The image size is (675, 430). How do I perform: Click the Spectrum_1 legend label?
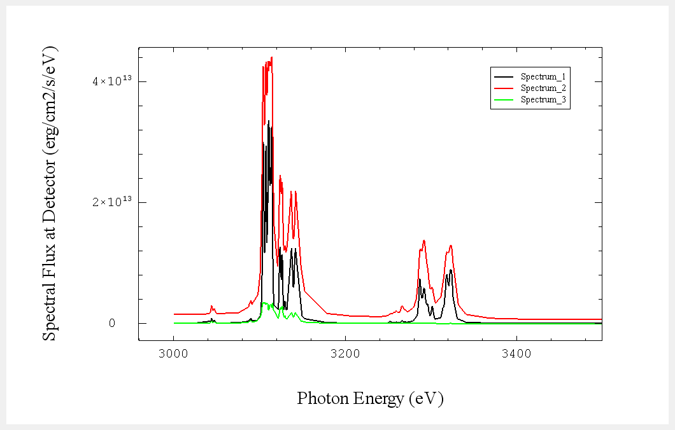click(x=543, y=76)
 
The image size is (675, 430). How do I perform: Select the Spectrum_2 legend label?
click(x=543, y=88)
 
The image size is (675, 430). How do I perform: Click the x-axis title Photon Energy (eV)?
click(x=370, y=398)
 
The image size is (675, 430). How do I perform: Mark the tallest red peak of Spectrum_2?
click(x=272, y=58)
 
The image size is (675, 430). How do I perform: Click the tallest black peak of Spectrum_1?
click(x=269, y=121)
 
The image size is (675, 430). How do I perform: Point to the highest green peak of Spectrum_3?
click(x=264, y=303)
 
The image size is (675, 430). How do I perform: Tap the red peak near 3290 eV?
click(x=424, y=241)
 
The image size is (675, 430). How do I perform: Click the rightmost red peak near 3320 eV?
click(x=451, y=246)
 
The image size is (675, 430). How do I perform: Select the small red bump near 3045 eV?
click(x=211, y=307)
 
